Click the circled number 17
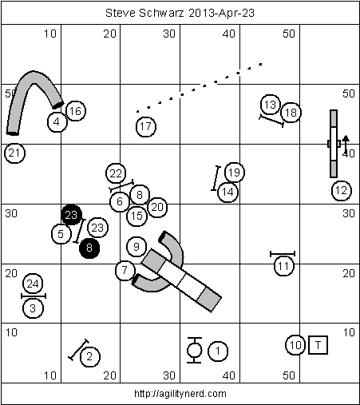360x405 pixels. (x=146, y=126)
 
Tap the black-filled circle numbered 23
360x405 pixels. (x=71, y=215)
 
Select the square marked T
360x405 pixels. (x=318, y=345)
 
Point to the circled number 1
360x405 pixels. (x=218, y=351)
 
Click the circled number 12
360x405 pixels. (x=342, y=190)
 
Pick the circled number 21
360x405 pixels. (x=15, y=153)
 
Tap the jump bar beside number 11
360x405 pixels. (x=283, y=253)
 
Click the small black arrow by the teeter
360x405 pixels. (x=346, y=144)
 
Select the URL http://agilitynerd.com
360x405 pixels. (x=180, y=394)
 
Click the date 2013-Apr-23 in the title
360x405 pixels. (x=221, y=13)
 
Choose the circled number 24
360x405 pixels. (x=33, y=284)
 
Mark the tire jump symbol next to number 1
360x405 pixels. (x=194, y=350)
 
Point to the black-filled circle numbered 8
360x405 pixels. (x=89, y=248)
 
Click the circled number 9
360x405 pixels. (x=136, y=247)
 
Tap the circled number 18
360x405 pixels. (x=291, y=113)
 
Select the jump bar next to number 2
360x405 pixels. (x=78, y=350)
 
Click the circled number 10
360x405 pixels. (x=295, y=345)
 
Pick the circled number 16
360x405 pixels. (x=76, y=111)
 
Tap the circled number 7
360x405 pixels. (x=125, y=270)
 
